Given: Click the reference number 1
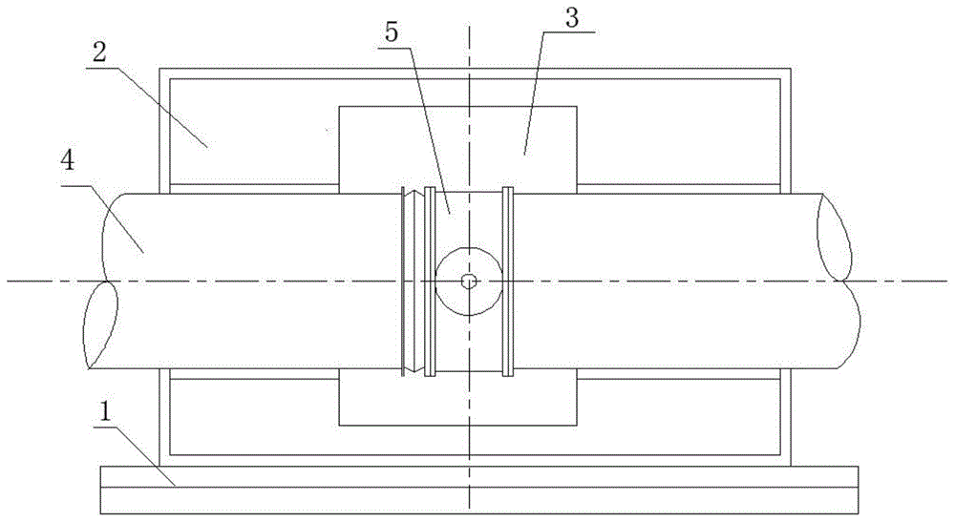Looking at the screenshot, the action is coord(105,412).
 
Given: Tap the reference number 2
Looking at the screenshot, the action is coord(99,52).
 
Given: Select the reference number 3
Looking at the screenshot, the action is coord(572,17).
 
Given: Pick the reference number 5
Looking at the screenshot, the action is coord(391,31).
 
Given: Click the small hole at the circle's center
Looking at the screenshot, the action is coord(468,281).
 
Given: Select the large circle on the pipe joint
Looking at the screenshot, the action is coord(469,282).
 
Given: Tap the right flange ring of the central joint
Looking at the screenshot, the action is coord(507,282).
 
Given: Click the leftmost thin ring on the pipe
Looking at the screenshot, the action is coord(403,282).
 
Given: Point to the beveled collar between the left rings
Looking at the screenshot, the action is coord(414,282).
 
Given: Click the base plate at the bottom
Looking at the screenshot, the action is coord(479,490).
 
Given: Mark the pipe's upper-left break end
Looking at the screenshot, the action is coord(113,238).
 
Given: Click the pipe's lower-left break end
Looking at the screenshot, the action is coord(100,324).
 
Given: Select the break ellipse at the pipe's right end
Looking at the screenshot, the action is coord(834,238).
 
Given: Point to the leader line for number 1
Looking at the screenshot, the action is coord(135,456).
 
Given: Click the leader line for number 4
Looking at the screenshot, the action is coord(102,219).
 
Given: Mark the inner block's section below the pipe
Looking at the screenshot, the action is coord(457,399).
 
